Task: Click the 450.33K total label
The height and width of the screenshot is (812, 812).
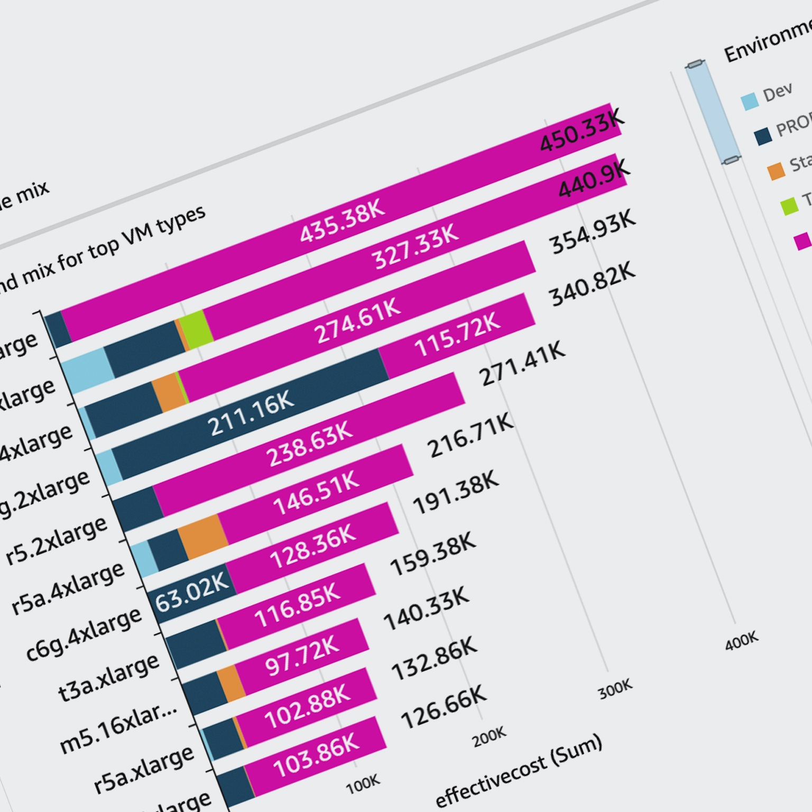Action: pos(582,131)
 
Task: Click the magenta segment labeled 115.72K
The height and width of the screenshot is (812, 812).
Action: pos(457,336)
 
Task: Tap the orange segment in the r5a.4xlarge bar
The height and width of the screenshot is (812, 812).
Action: pos(203,536)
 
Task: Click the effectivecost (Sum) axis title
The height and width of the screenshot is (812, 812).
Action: pos(518,771)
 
